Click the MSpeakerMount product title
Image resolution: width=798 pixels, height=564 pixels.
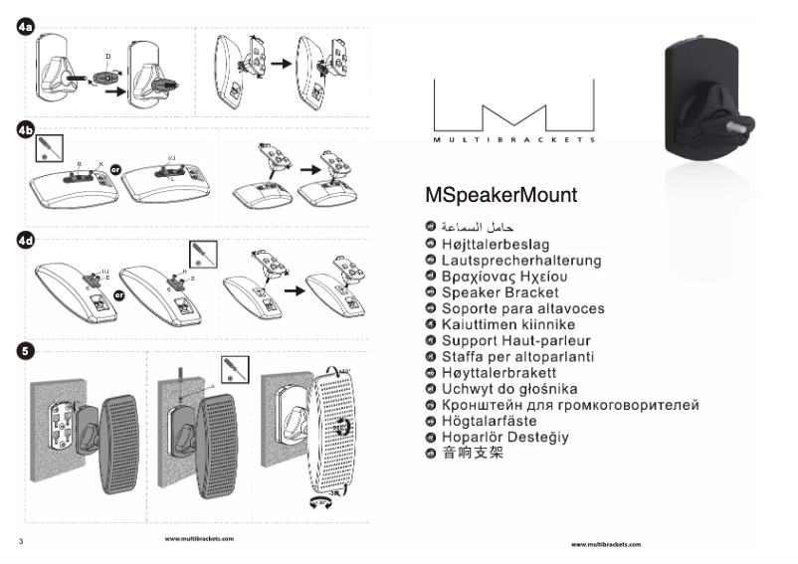tap(500, 195)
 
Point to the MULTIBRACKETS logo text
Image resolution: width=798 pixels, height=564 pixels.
tap(514, 140)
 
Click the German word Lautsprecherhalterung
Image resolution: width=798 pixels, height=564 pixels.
tap(521, 261)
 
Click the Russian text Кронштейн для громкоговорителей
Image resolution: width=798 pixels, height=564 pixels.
tap(570, 405)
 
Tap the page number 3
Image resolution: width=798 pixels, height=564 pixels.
tap(20, 541)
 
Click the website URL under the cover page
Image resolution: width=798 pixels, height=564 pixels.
tap(606, 545)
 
